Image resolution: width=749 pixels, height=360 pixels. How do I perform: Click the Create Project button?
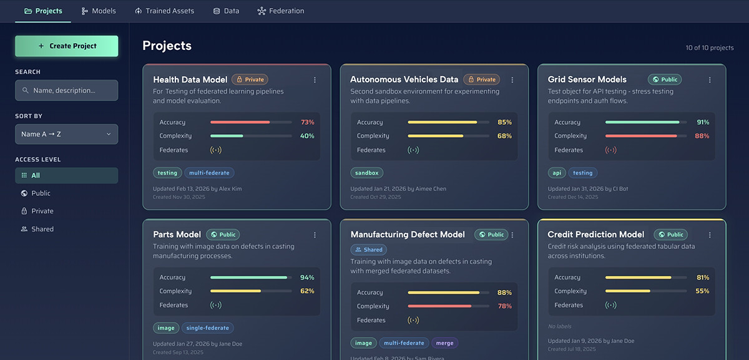67,46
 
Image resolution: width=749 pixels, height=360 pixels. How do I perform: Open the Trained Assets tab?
165,11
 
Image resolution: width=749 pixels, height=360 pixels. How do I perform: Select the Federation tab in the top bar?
281,11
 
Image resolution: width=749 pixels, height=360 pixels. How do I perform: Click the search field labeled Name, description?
67,90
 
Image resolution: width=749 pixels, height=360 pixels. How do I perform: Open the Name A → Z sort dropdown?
67,134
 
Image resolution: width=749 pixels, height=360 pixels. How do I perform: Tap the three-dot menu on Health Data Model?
315,80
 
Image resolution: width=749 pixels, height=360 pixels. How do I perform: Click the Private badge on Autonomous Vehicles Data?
482,80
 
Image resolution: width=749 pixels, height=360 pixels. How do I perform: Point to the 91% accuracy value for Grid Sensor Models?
703,122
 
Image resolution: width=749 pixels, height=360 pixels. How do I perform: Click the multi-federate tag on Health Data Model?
209,173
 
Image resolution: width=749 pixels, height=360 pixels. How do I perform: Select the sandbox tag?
367,173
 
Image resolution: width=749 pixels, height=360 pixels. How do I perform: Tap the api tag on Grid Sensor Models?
557,173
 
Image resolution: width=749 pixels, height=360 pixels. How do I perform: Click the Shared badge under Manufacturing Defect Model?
369,250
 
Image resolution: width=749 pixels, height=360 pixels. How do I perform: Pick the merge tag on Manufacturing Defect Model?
444,343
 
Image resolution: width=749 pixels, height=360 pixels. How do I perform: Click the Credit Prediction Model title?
596,235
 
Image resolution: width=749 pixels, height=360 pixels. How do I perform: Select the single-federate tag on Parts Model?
208,328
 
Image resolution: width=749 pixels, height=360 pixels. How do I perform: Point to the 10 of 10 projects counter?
710,48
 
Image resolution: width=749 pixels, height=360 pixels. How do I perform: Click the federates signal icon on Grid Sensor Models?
610,150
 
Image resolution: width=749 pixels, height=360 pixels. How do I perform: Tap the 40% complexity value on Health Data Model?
307,136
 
